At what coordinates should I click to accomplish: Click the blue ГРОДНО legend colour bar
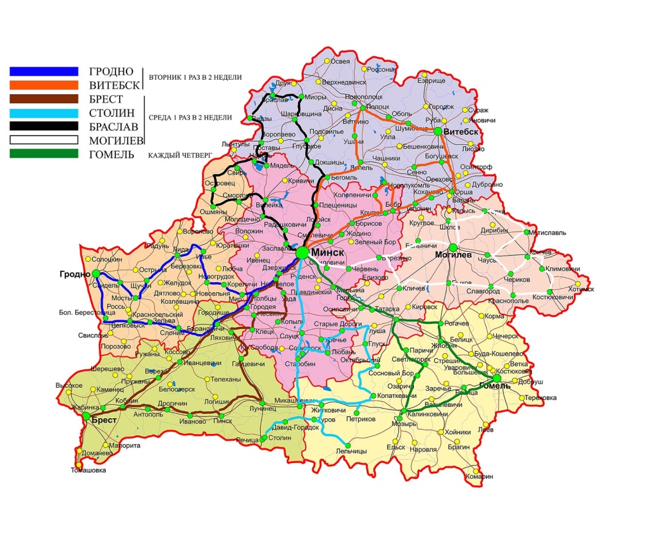[x=44, y=71]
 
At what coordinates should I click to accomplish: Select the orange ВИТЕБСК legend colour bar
[x=44, y=85]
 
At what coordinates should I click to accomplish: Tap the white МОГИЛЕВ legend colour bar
[x=44, y=140]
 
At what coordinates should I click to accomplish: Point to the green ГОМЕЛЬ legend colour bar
[x=44, y=154]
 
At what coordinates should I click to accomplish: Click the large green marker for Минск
[x=302, y=252]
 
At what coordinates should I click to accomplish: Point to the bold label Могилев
[x=453, y=256]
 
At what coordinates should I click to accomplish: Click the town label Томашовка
[x=88, y=470]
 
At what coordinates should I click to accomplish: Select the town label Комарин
[x=478, y=476]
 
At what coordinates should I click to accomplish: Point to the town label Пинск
[x=223, y=420]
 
